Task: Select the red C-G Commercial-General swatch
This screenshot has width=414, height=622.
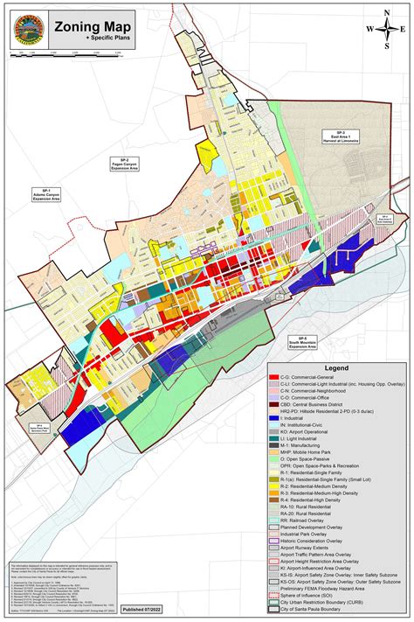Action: coord(274,376)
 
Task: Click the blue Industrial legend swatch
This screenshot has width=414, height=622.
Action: coord(274,419)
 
